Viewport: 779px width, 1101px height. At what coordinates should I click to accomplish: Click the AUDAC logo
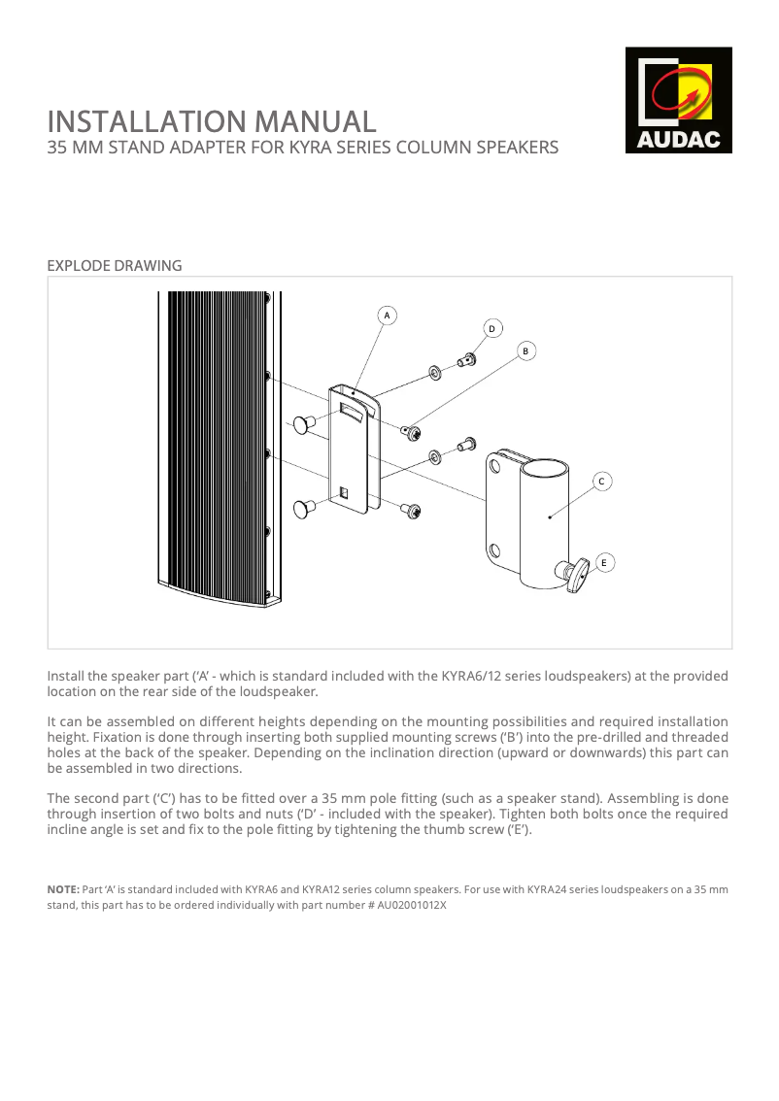click(678, 100)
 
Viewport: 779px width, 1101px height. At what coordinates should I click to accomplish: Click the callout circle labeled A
click(387, 316)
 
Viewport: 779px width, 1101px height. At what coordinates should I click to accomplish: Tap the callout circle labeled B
click(525, 350)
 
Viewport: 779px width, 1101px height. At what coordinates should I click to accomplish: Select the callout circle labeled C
click(602, 481)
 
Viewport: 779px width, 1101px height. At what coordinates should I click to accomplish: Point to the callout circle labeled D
click(491, 329)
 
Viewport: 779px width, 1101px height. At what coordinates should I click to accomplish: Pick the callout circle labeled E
click(604, 562)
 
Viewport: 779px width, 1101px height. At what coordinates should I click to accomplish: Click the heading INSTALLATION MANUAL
click(212, 121)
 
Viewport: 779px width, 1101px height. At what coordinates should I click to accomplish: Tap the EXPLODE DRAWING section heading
click(115, 265)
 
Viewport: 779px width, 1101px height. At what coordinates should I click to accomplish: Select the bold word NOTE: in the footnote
click(63, 889)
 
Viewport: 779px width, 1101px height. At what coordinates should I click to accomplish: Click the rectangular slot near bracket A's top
click(352, 412)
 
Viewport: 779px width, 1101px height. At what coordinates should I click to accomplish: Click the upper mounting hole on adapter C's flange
click(494, 467)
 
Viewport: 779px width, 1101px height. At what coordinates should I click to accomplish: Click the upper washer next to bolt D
click(434, 373)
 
